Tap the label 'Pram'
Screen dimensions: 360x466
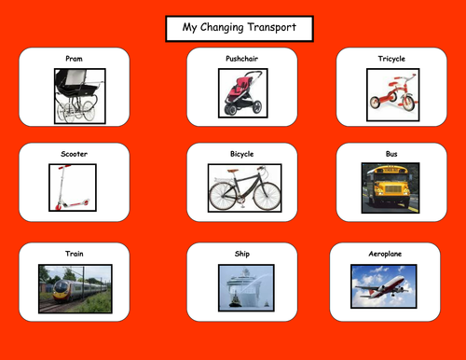coord(75,59)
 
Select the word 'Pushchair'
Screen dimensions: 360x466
coord(242,59)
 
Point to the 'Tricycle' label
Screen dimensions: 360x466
coord(391,59)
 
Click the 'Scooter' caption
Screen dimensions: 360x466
coord(75,153)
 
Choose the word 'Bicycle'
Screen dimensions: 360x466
coord(242,153)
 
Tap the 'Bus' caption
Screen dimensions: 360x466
coord(391,153)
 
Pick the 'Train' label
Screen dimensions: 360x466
coord(75,253)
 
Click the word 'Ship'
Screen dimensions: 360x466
coord(242,253)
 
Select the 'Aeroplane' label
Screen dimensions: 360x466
coord(391,253)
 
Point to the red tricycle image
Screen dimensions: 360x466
coord(391,93)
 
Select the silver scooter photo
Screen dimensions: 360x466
coord(73,187)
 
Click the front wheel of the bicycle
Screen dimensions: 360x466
coord(265,196)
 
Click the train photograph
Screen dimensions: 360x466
coord(75,288)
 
